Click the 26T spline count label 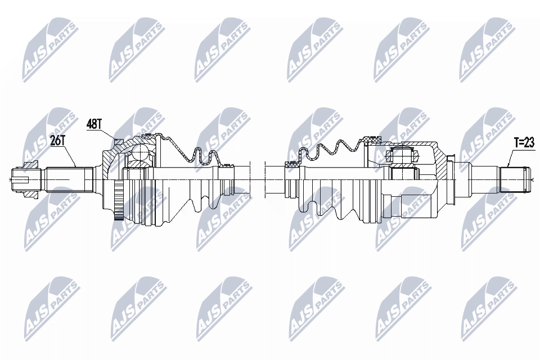tap(58, 141)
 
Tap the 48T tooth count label tap(94, 124)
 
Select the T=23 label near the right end tap(524, 143)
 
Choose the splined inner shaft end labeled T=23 tap(513, 179)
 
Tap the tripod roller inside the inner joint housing tap(402, 156)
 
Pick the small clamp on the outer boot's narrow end tap(227, 166)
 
